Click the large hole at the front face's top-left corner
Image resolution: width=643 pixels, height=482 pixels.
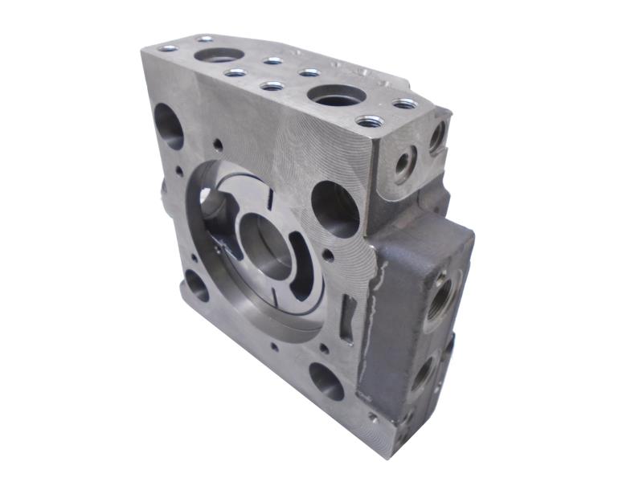pos(170,126)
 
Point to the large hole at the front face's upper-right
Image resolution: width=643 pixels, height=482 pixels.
pos(334,208)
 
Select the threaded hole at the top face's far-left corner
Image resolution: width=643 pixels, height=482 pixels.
pos(168,48)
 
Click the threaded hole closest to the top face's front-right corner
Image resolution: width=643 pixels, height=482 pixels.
pos(369,121)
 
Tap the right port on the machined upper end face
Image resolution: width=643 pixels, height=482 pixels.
pos(436,137)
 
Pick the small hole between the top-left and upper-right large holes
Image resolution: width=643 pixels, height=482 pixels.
pos(218,145)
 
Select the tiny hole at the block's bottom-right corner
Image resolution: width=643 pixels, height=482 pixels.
pos(372,417)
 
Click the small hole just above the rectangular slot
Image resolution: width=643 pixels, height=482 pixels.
pos(328,258)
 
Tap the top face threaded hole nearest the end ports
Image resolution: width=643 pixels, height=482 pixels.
pos(405,104)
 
